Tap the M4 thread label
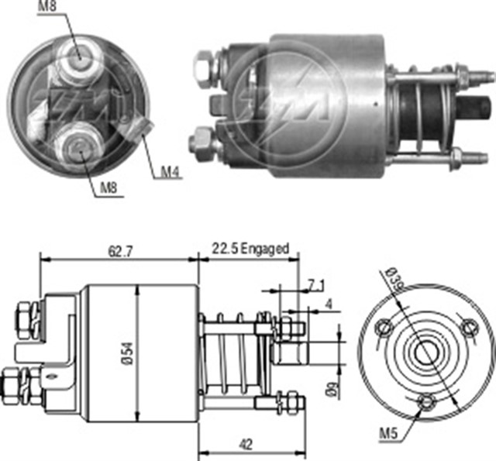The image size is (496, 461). click(x=170, y=171)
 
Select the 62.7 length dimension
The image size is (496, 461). click(x=117, y=250)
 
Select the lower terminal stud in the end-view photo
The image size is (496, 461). click(x=81, y=145)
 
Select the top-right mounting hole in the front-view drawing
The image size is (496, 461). click(x=468, y=325)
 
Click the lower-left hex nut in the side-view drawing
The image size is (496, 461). click(x=15, y=382)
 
